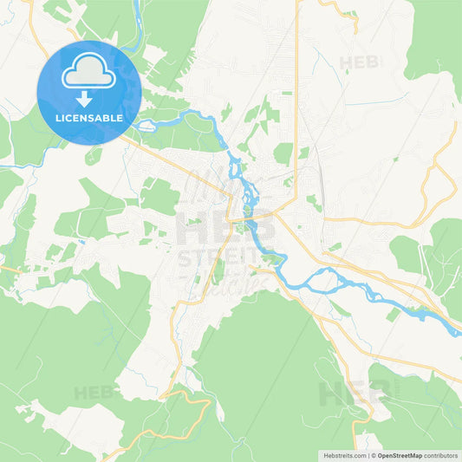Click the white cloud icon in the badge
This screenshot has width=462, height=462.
coord(89,75)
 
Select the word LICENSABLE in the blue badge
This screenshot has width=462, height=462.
coord(89,117)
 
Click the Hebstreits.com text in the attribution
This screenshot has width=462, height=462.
coord(341,454)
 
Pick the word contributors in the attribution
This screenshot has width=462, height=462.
coord(440,454)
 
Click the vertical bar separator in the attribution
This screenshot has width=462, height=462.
coord(368,454)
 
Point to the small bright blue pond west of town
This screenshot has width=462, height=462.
coord(80,240)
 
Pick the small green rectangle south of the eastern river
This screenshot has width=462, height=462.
coord(393,314)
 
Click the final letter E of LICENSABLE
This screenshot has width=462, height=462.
coord(119,117)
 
